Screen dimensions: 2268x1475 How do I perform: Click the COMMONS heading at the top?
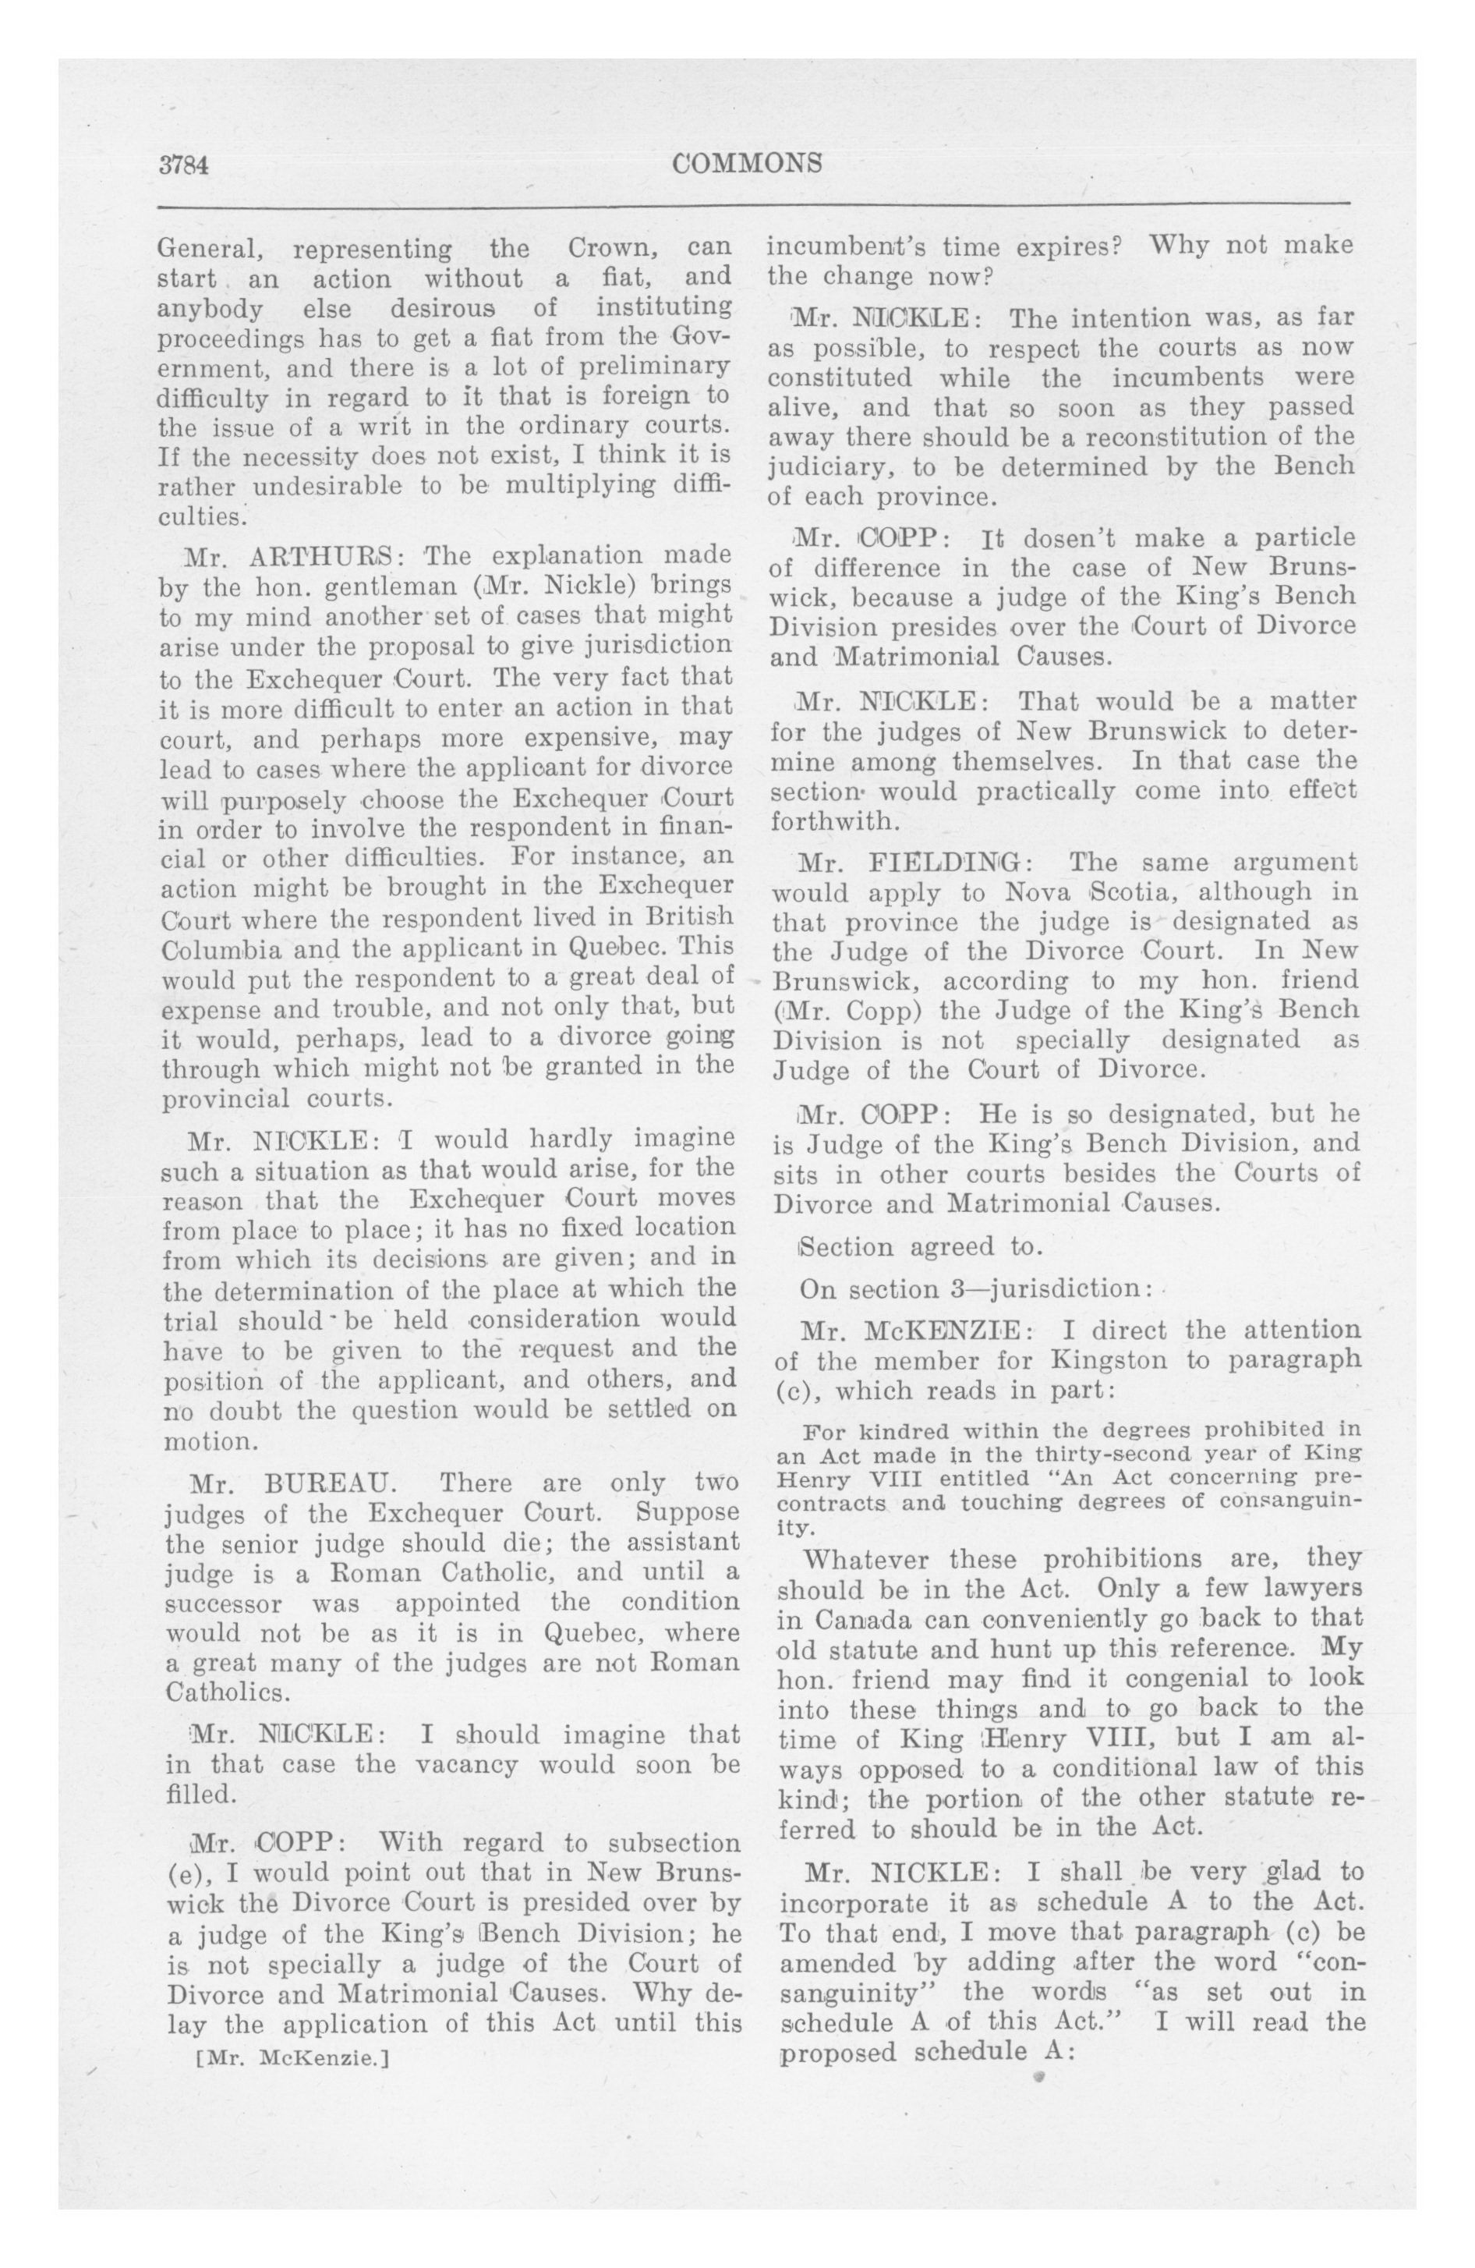pyautogui.click(x=747, y=164)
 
